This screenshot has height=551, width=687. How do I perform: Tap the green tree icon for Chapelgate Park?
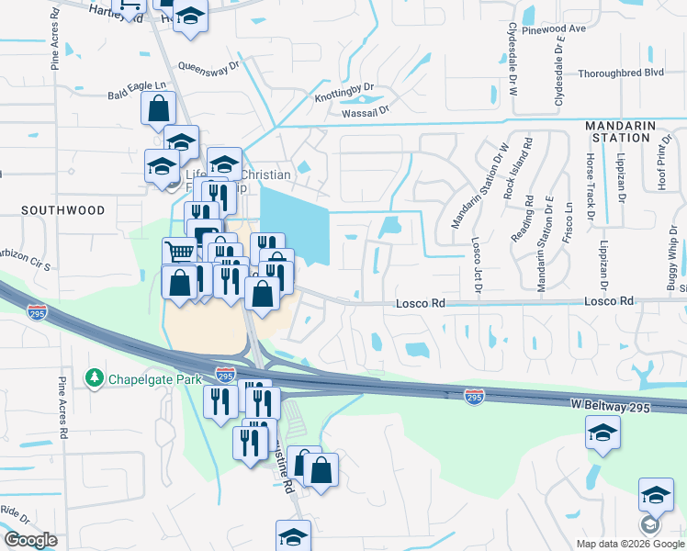[94, 378]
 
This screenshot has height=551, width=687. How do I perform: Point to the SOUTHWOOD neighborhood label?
[63, 210]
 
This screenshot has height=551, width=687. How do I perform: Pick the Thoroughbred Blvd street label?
[621, 73]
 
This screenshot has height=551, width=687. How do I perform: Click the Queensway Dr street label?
[208, 66]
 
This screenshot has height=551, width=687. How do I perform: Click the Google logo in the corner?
[31, 539]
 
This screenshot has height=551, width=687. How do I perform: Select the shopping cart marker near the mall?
[179, 253]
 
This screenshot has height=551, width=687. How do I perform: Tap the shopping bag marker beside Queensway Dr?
[158, 108]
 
